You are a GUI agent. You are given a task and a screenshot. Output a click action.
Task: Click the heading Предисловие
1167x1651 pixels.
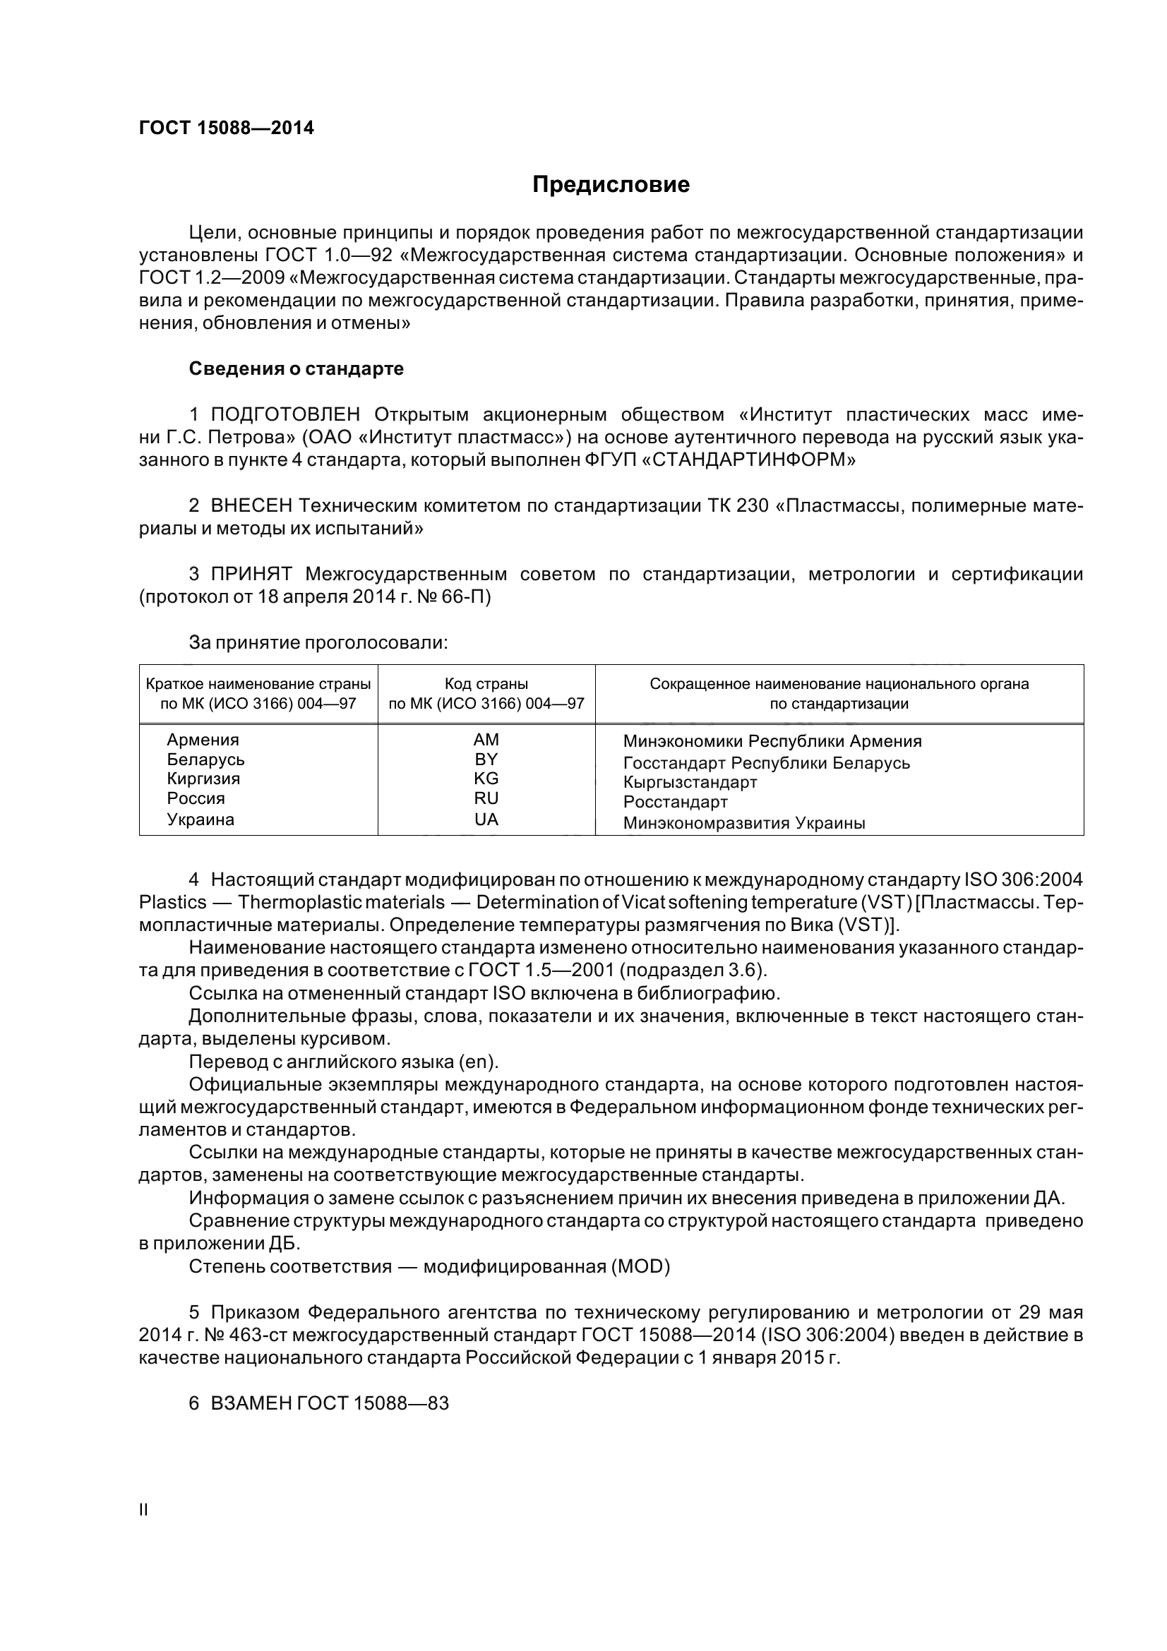click(x=611, y=185)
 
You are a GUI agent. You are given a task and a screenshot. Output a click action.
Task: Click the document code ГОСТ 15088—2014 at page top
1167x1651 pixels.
click(x=227, y=128)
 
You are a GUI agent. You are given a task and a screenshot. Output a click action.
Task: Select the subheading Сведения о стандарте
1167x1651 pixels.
click(x=297, y=369)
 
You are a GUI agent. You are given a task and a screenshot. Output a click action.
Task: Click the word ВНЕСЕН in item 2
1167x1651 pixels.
click(x=251, y=506)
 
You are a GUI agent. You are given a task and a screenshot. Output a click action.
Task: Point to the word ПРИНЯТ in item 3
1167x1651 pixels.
click(x=251, y=574)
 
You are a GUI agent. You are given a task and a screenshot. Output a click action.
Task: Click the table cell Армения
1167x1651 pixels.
click(x=203, y=740)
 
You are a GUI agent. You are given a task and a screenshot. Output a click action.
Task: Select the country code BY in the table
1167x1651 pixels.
click(x=486, y=760)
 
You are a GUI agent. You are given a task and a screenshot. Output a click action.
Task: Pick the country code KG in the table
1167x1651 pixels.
click(x=486, y=779)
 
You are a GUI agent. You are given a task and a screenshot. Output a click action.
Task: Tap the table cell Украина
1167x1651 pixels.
click(x=201, y=820)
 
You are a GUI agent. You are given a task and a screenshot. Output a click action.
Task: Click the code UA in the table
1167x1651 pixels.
click(x=486, y=820)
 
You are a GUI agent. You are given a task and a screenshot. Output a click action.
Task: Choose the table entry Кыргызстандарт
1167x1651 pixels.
click(x=690, y=781)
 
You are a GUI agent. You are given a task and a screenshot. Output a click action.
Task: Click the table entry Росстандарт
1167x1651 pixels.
click(x=675, y=802)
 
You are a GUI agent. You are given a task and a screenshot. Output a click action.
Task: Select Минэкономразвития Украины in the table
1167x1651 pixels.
click(x=744, y=823)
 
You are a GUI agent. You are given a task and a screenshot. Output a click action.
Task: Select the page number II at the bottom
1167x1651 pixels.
click(x=143, y=1510)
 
